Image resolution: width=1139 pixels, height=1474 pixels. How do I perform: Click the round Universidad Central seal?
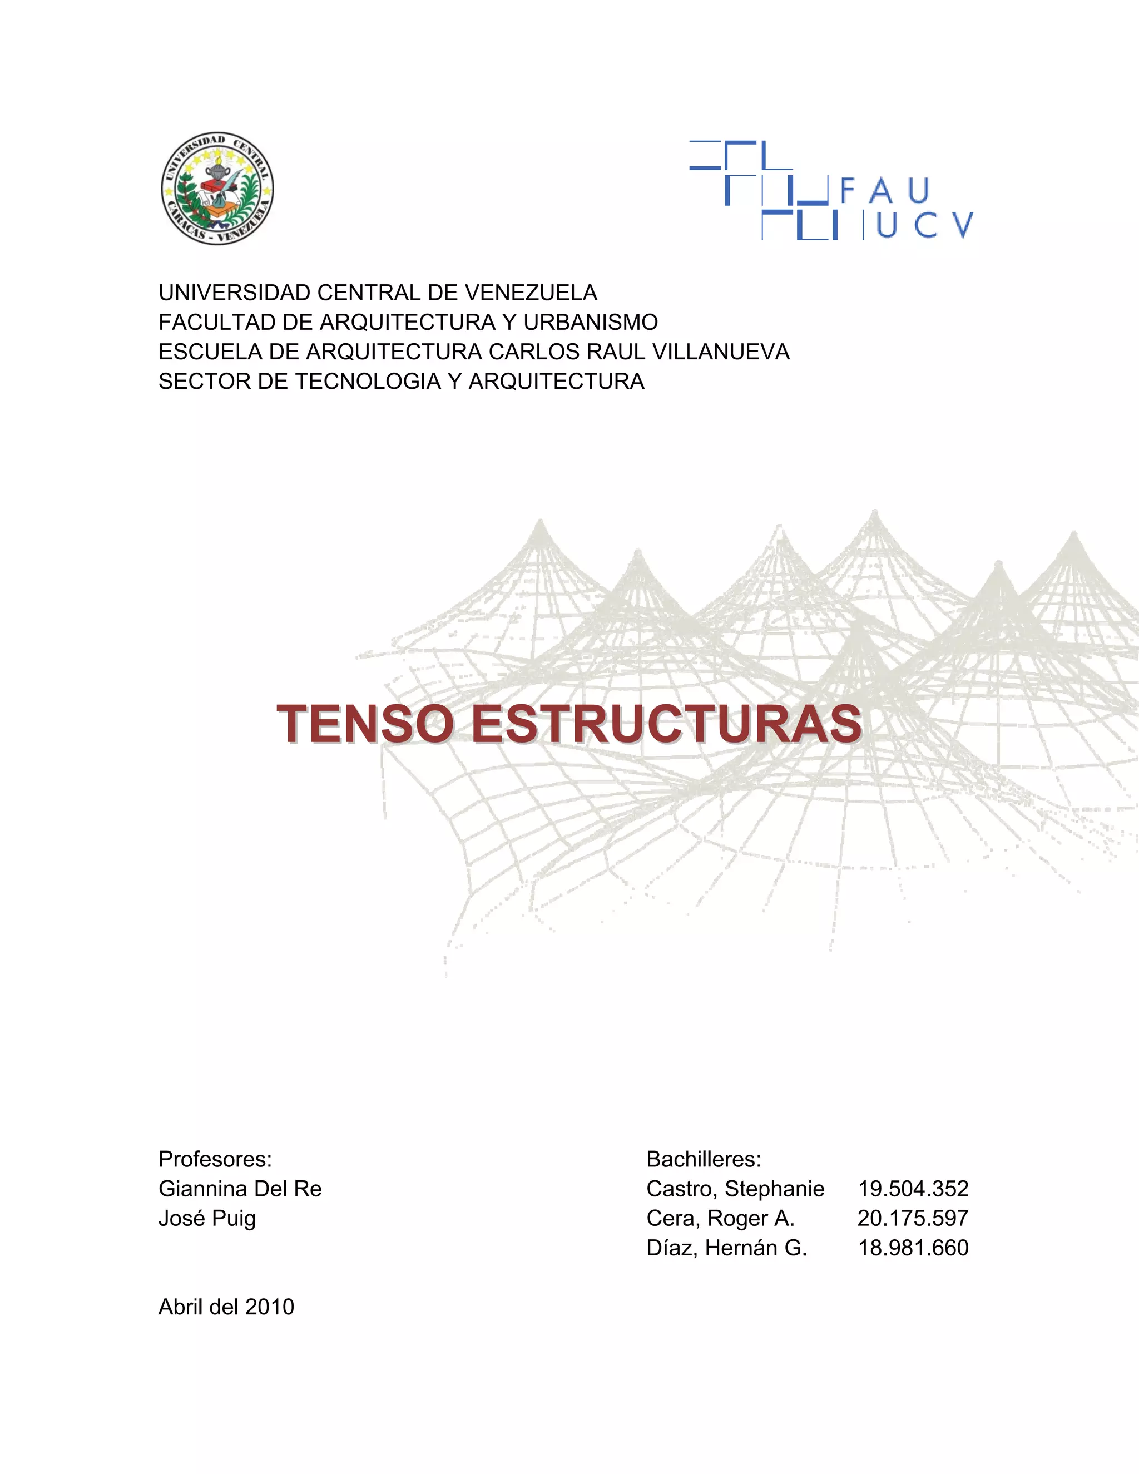click(217, 189)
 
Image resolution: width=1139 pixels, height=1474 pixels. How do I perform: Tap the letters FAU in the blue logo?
click(885, 191)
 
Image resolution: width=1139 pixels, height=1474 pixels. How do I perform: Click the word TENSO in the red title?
click(365, 724)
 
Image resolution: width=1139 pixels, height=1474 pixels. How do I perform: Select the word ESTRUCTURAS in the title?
click(666, 724)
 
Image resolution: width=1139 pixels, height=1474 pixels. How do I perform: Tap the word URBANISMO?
click(591, 323)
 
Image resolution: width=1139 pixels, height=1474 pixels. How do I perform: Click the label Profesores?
click(215, 1159)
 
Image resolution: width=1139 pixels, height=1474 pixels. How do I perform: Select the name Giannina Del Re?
click(240, 1189)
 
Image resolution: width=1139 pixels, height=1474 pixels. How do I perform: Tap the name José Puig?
click(207, 1218)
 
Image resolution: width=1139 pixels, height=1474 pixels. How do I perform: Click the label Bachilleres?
click(704, 1159)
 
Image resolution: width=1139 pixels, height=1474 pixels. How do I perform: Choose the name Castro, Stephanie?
click(735, 1189)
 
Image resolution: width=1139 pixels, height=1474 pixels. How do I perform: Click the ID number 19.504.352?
click(913, 1189)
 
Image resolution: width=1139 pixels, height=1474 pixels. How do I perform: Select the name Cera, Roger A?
click(721, 1218)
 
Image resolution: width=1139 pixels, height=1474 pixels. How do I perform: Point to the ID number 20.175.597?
click(913, 1218)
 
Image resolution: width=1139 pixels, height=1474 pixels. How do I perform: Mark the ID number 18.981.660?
click(913, 1248)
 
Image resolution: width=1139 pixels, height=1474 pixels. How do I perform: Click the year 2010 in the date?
click(270, 1307)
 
